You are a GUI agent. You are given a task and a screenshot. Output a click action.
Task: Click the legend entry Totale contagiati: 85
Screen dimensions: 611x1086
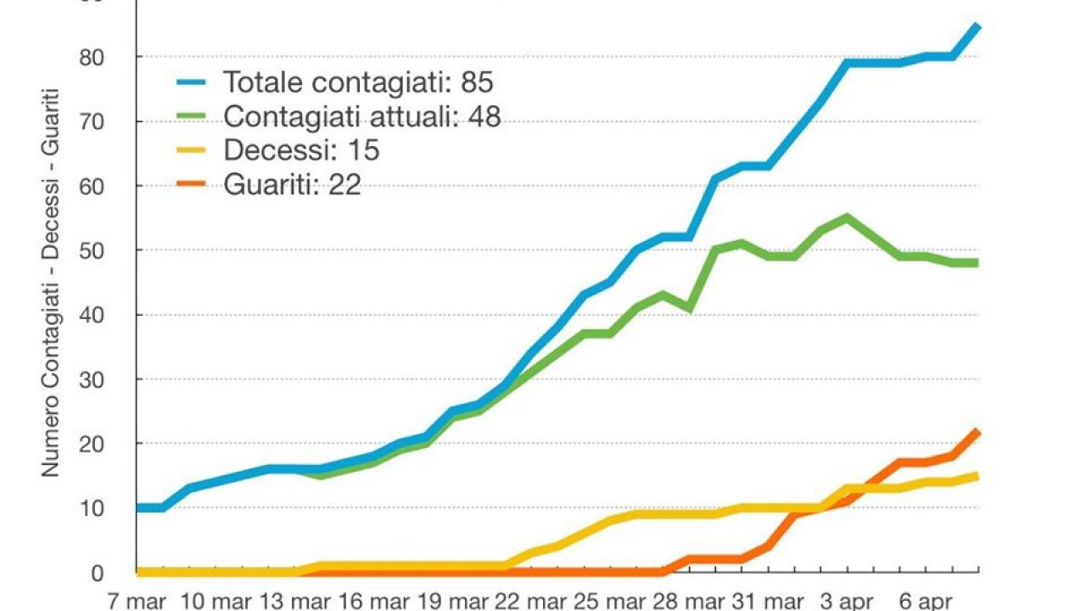(357, 82)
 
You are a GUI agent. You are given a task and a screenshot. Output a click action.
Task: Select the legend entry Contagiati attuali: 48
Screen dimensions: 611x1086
(361, 116)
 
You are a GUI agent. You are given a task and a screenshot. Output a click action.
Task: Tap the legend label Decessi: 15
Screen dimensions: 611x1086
(301, 150)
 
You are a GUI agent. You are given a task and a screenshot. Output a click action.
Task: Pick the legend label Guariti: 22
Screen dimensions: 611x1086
(292, 184)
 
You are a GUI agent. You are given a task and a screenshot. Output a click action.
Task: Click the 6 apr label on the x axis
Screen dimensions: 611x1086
(924, 602)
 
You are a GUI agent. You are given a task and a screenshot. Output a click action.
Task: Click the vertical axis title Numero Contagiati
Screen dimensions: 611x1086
(51, 280)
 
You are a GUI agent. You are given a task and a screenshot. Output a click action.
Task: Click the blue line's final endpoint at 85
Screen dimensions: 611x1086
(978, 25)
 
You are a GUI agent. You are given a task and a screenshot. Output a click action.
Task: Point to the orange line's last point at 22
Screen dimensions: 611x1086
(978, 431)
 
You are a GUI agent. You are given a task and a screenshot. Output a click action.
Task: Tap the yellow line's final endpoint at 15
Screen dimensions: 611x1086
(978, 476)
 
